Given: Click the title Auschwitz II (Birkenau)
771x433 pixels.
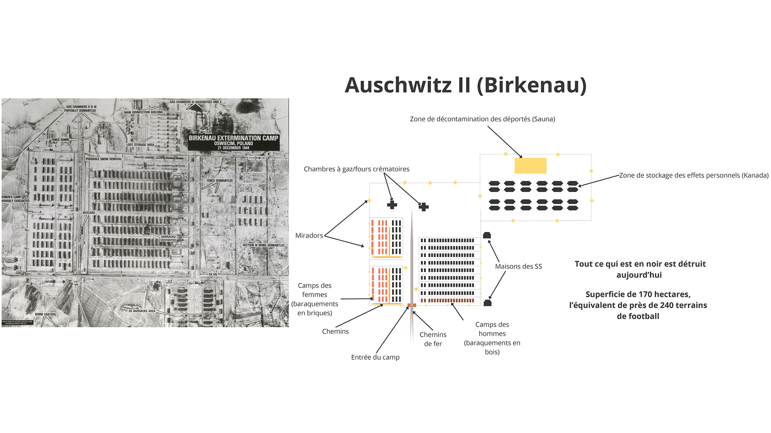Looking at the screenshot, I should [465, 85].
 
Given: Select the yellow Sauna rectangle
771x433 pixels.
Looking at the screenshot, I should [530, 166].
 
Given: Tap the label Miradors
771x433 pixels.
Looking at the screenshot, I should [309, 236].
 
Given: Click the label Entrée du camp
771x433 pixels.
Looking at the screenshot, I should [375, 357].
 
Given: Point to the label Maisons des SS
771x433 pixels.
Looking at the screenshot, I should [518, 266].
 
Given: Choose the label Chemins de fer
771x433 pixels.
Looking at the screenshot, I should [433, 339].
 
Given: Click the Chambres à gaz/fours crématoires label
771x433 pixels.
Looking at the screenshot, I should [357, 169].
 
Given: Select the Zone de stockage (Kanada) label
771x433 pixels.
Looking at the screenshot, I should [694, 176].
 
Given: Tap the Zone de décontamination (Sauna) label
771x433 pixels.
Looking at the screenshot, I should [482, 119].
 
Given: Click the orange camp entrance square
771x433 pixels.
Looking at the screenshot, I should [411, 305].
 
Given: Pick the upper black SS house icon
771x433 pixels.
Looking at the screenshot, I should [487, 235].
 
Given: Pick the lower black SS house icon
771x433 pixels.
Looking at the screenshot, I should [488, 303].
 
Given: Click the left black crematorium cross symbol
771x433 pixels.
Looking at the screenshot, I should [392, 204].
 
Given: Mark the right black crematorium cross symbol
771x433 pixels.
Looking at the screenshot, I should [424, 207].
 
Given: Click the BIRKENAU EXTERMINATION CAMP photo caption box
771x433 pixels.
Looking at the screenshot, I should [233, 142].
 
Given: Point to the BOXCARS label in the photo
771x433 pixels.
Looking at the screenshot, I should [89, 213].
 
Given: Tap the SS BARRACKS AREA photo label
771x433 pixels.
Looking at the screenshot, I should [142, 311].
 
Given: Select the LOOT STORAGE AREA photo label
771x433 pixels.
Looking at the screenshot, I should [140, 145].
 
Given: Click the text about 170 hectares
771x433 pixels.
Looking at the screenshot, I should [638, 305].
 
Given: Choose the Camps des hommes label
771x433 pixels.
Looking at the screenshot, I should [492, 338].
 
